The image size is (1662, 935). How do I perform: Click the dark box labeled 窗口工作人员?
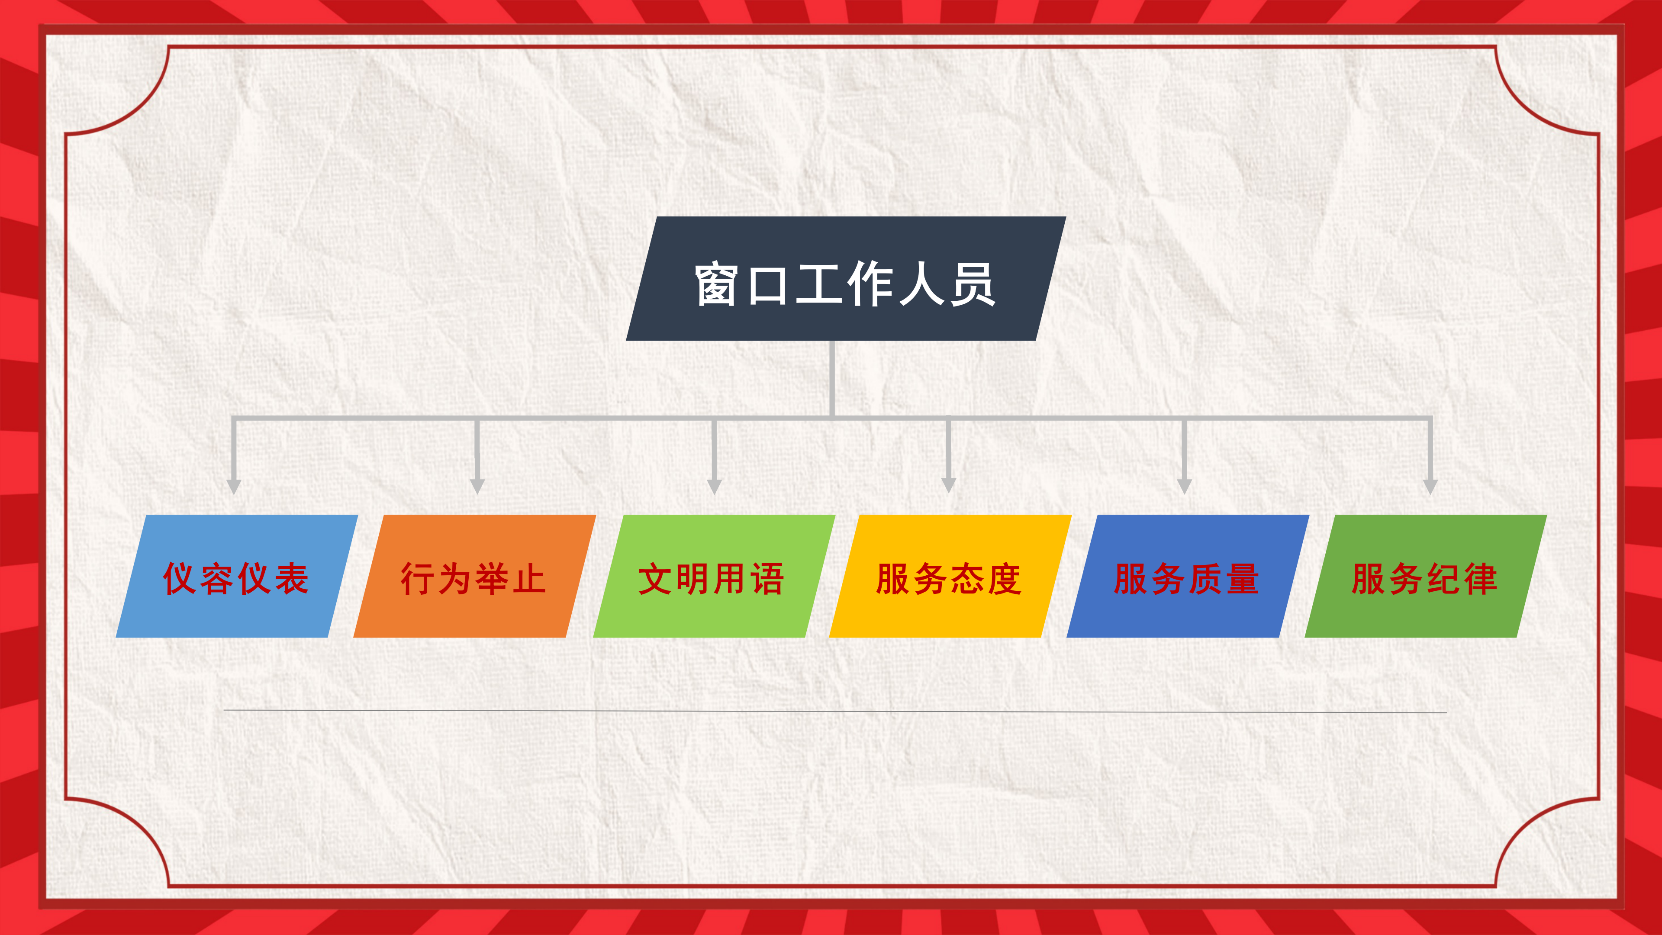[846, 279]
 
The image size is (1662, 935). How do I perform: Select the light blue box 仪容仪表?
[237, 576]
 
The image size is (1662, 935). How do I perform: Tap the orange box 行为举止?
[474, 576]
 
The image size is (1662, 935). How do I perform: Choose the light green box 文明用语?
[714, 576]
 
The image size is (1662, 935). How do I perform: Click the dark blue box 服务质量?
[1188, 576]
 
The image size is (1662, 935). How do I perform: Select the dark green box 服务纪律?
[1426, 576]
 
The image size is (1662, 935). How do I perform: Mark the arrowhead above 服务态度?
[948, 485]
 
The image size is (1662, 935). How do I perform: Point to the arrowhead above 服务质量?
[1185, 486]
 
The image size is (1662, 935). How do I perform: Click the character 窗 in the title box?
[717, 284]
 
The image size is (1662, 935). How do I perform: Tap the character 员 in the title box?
[973, 284]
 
